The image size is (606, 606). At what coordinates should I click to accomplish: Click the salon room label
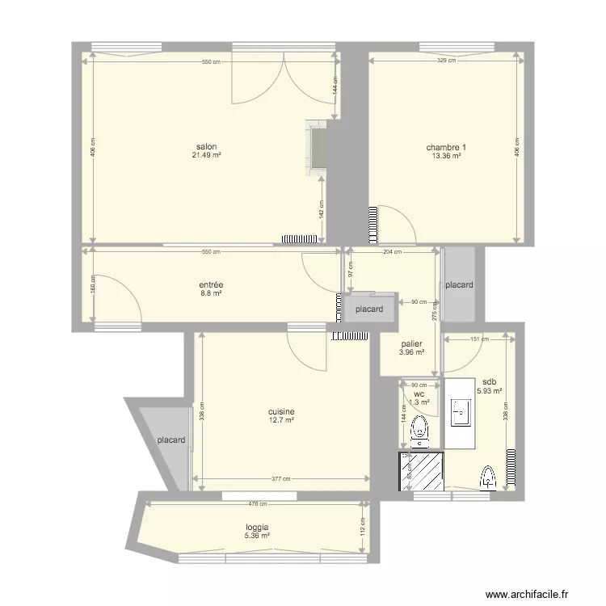tap(205, 147)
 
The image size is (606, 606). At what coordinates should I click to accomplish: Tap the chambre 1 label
tap(446, 148)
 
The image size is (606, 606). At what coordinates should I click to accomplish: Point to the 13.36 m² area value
tap(446, 156)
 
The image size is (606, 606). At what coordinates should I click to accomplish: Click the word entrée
tap(211, 284)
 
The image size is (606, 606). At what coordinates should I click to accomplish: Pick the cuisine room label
tap(281, 411)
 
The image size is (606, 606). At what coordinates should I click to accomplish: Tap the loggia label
tap(258, 527)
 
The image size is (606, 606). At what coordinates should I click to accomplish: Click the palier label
tap(412, 343)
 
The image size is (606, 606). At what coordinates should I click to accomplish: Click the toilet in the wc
tap(419, 431)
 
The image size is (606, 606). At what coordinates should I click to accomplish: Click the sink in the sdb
tap(462, 413)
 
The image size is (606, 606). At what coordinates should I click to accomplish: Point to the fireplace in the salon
tap(317, 147)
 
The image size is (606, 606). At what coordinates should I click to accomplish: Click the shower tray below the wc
tap(420, 471)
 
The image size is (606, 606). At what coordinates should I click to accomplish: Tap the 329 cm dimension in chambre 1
tap(446, 61)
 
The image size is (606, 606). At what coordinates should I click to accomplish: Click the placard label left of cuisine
tap(171, 440)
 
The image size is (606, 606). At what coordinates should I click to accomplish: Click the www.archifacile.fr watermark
tap(533, 591)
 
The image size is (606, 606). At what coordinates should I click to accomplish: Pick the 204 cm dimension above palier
tap(391, 252)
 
